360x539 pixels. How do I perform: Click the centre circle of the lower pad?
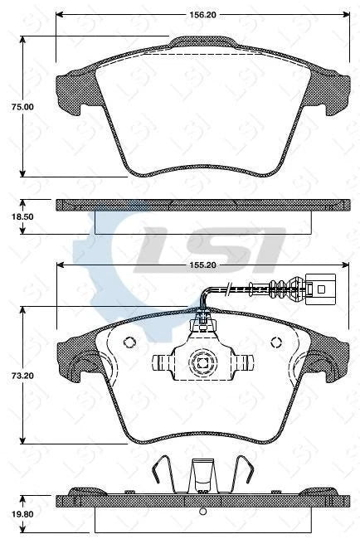pos(202,362)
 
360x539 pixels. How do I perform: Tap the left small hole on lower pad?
pos(129,342)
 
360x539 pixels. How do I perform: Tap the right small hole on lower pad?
pos(277,342)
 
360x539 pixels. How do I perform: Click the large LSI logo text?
pos(212,246)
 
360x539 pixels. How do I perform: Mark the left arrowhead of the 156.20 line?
pos(59,15)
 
